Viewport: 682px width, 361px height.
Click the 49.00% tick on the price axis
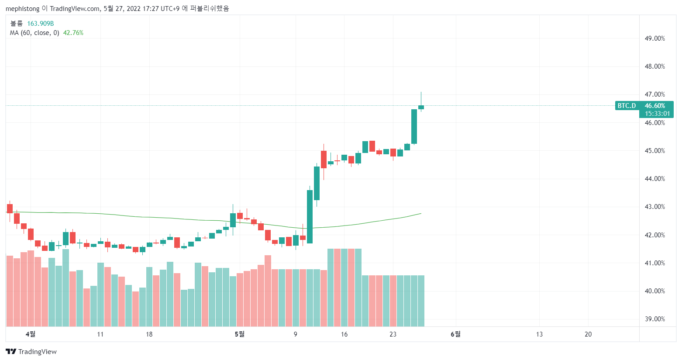(x=654, y=38)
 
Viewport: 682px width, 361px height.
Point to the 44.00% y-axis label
(x=654, y=179)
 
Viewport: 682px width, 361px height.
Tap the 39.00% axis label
(x=654, y=319)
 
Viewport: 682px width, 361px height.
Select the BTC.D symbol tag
(x=627, y=106)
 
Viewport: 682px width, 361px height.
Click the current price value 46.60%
(x=655, y=106)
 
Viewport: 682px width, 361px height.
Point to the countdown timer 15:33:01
(x=657, y=114)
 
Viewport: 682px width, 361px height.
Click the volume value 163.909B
(x=41, y=24)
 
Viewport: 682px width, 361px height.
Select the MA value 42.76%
(x=73, y=33)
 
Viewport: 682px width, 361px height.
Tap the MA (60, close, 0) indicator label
(x=34, y=33)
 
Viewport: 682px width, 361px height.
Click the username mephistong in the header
(x=23, y=8)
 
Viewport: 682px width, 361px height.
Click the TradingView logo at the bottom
(x=31, y=352)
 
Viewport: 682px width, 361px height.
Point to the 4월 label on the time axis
(x=31, y=334)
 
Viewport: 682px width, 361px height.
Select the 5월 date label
(x=240, y=334)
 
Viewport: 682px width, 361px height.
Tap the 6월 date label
(x=455, y=334)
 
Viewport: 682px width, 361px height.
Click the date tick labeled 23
(x=393, y=334)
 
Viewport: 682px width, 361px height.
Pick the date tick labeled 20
(x=588, y=334)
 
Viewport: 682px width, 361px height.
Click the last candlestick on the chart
(x=421, y=107)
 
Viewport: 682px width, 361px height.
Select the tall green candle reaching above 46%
(x=414, y=126)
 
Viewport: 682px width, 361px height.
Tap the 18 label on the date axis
(x=149, y=334)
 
